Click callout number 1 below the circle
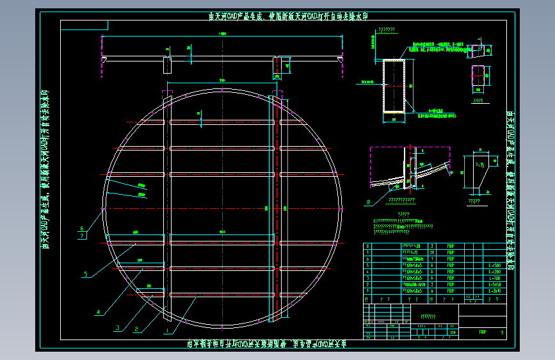[168, 332]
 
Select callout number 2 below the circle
[136, 330]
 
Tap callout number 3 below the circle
[118, 327]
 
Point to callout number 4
[98, 313]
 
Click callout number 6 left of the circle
[81, 227]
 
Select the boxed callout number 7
[81, 236]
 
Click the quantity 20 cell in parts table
[433, 252]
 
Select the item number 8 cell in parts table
[367, 245]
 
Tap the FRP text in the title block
[481, 332]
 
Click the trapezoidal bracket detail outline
[478, 173]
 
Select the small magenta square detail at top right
[477, 74]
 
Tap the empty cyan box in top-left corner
[84, 25]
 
